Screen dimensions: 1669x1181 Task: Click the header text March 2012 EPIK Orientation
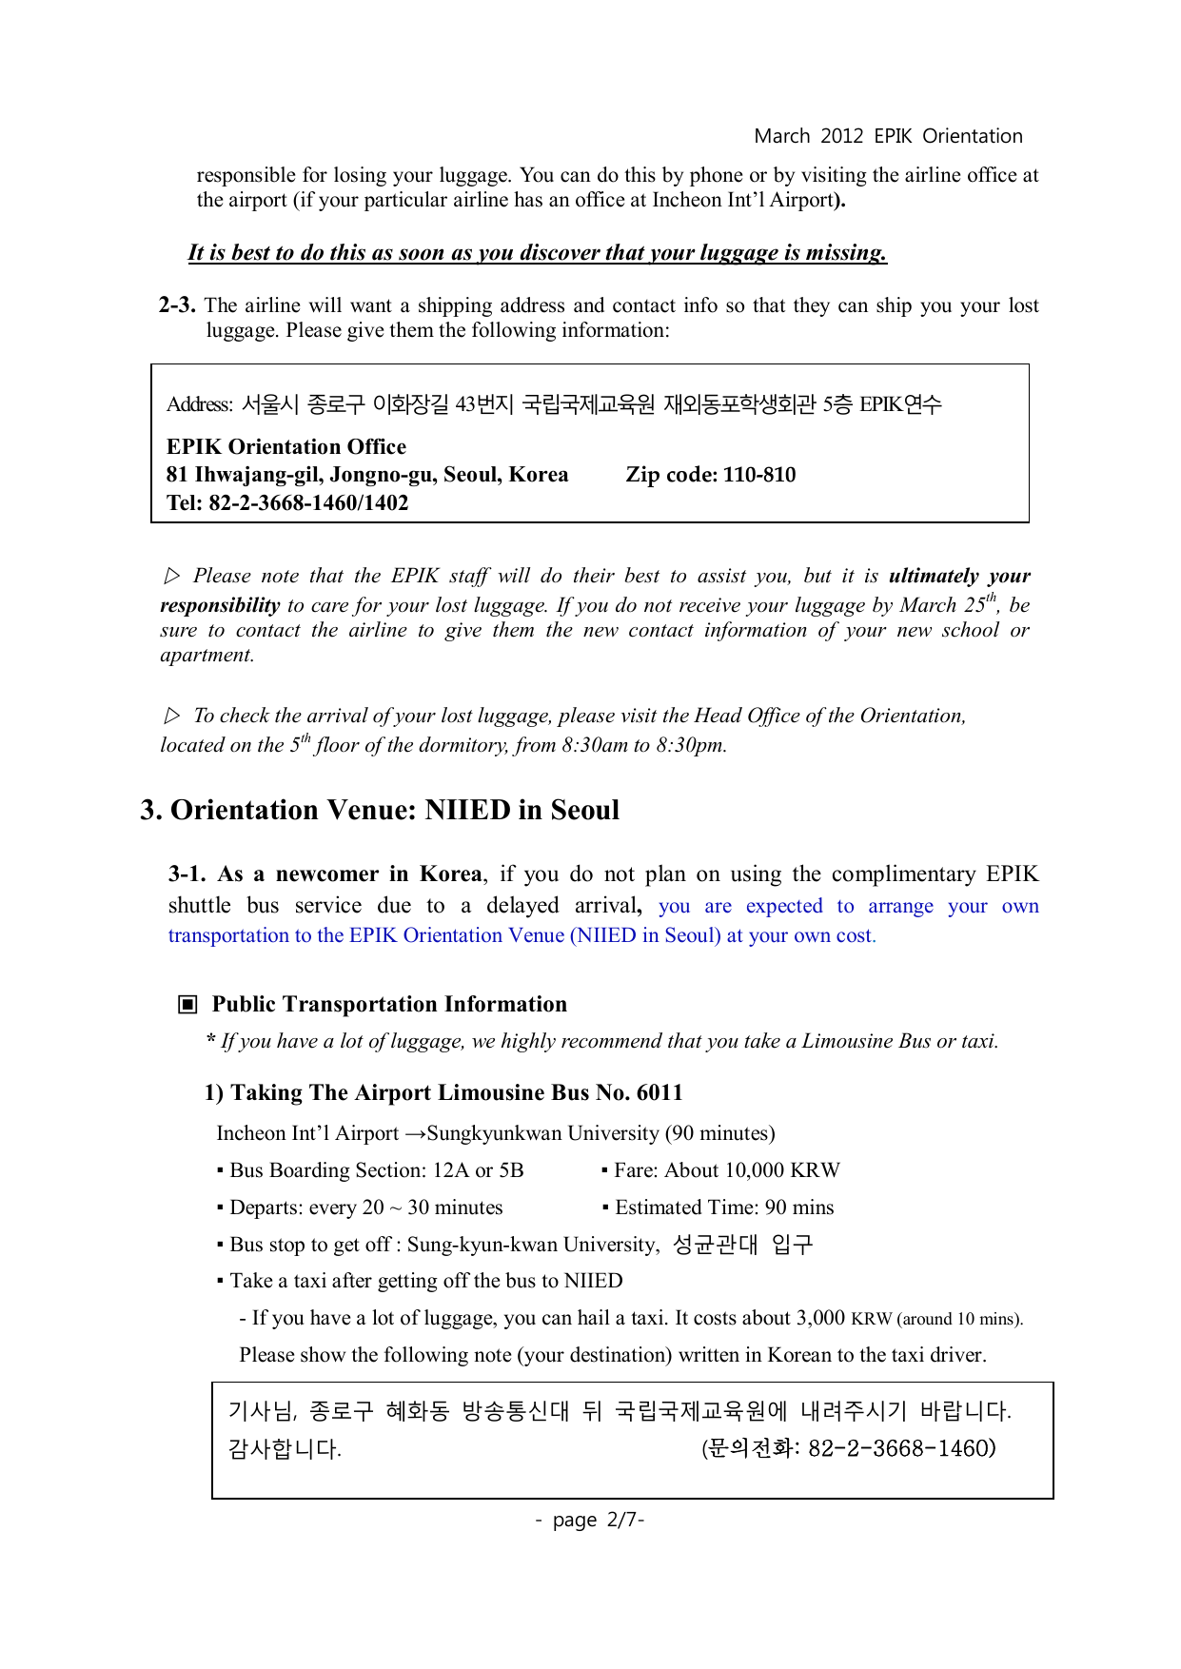coord(888,136)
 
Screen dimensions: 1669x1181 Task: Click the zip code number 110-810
coord(759,475)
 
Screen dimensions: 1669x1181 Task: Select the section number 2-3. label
coord(177,305)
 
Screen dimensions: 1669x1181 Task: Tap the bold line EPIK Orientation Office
coord(286,446)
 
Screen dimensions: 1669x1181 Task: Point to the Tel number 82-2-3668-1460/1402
coord(308,503)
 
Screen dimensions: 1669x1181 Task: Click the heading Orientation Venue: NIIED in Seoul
coord(395,810)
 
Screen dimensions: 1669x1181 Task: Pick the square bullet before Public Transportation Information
coord(188,1005)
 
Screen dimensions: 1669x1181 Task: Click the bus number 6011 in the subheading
coord(659,1092)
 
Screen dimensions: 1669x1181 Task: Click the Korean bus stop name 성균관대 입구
coord(742,1245)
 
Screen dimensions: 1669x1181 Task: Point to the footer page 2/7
coord(590,1520)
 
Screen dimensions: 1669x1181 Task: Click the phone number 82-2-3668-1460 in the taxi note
coord(901,1448)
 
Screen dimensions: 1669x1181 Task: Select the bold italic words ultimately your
coord(959,576)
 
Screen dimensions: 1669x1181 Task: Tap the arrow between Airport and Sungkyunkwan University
coord(415,1134)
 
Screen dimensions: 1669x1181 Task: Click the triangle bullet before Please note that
coord(172,576)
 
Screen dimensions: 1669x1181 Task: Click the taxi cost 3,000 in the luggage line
coord(820,1318)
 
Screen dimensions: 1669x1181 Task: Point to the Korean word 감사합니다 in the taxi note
coord(285,1449)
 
